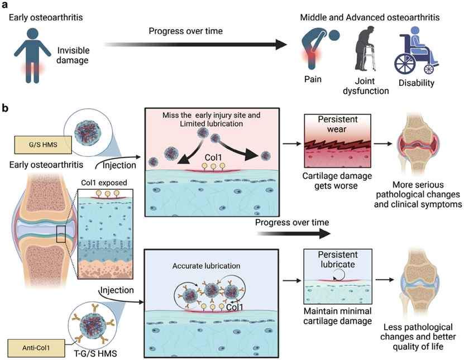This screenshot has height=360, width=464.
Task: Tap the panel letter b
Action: (7, 108)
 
